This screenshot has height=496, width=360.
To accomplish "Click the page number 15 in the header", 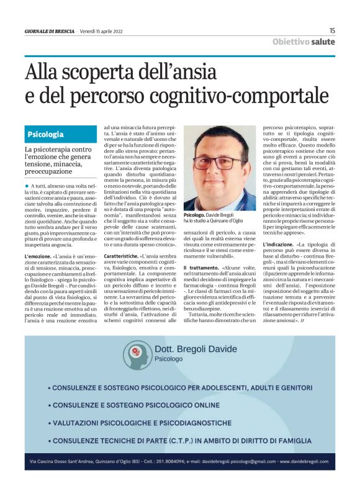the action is click(332, 30).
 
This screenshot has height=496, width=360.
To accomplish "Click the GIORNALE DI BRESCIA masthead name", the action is click(49, 31).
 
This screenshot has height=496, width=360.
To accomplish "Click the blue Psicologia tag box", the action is click(46, 134).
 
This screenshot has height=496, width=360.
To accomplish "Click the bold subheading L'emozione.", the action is click(38, 256).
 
